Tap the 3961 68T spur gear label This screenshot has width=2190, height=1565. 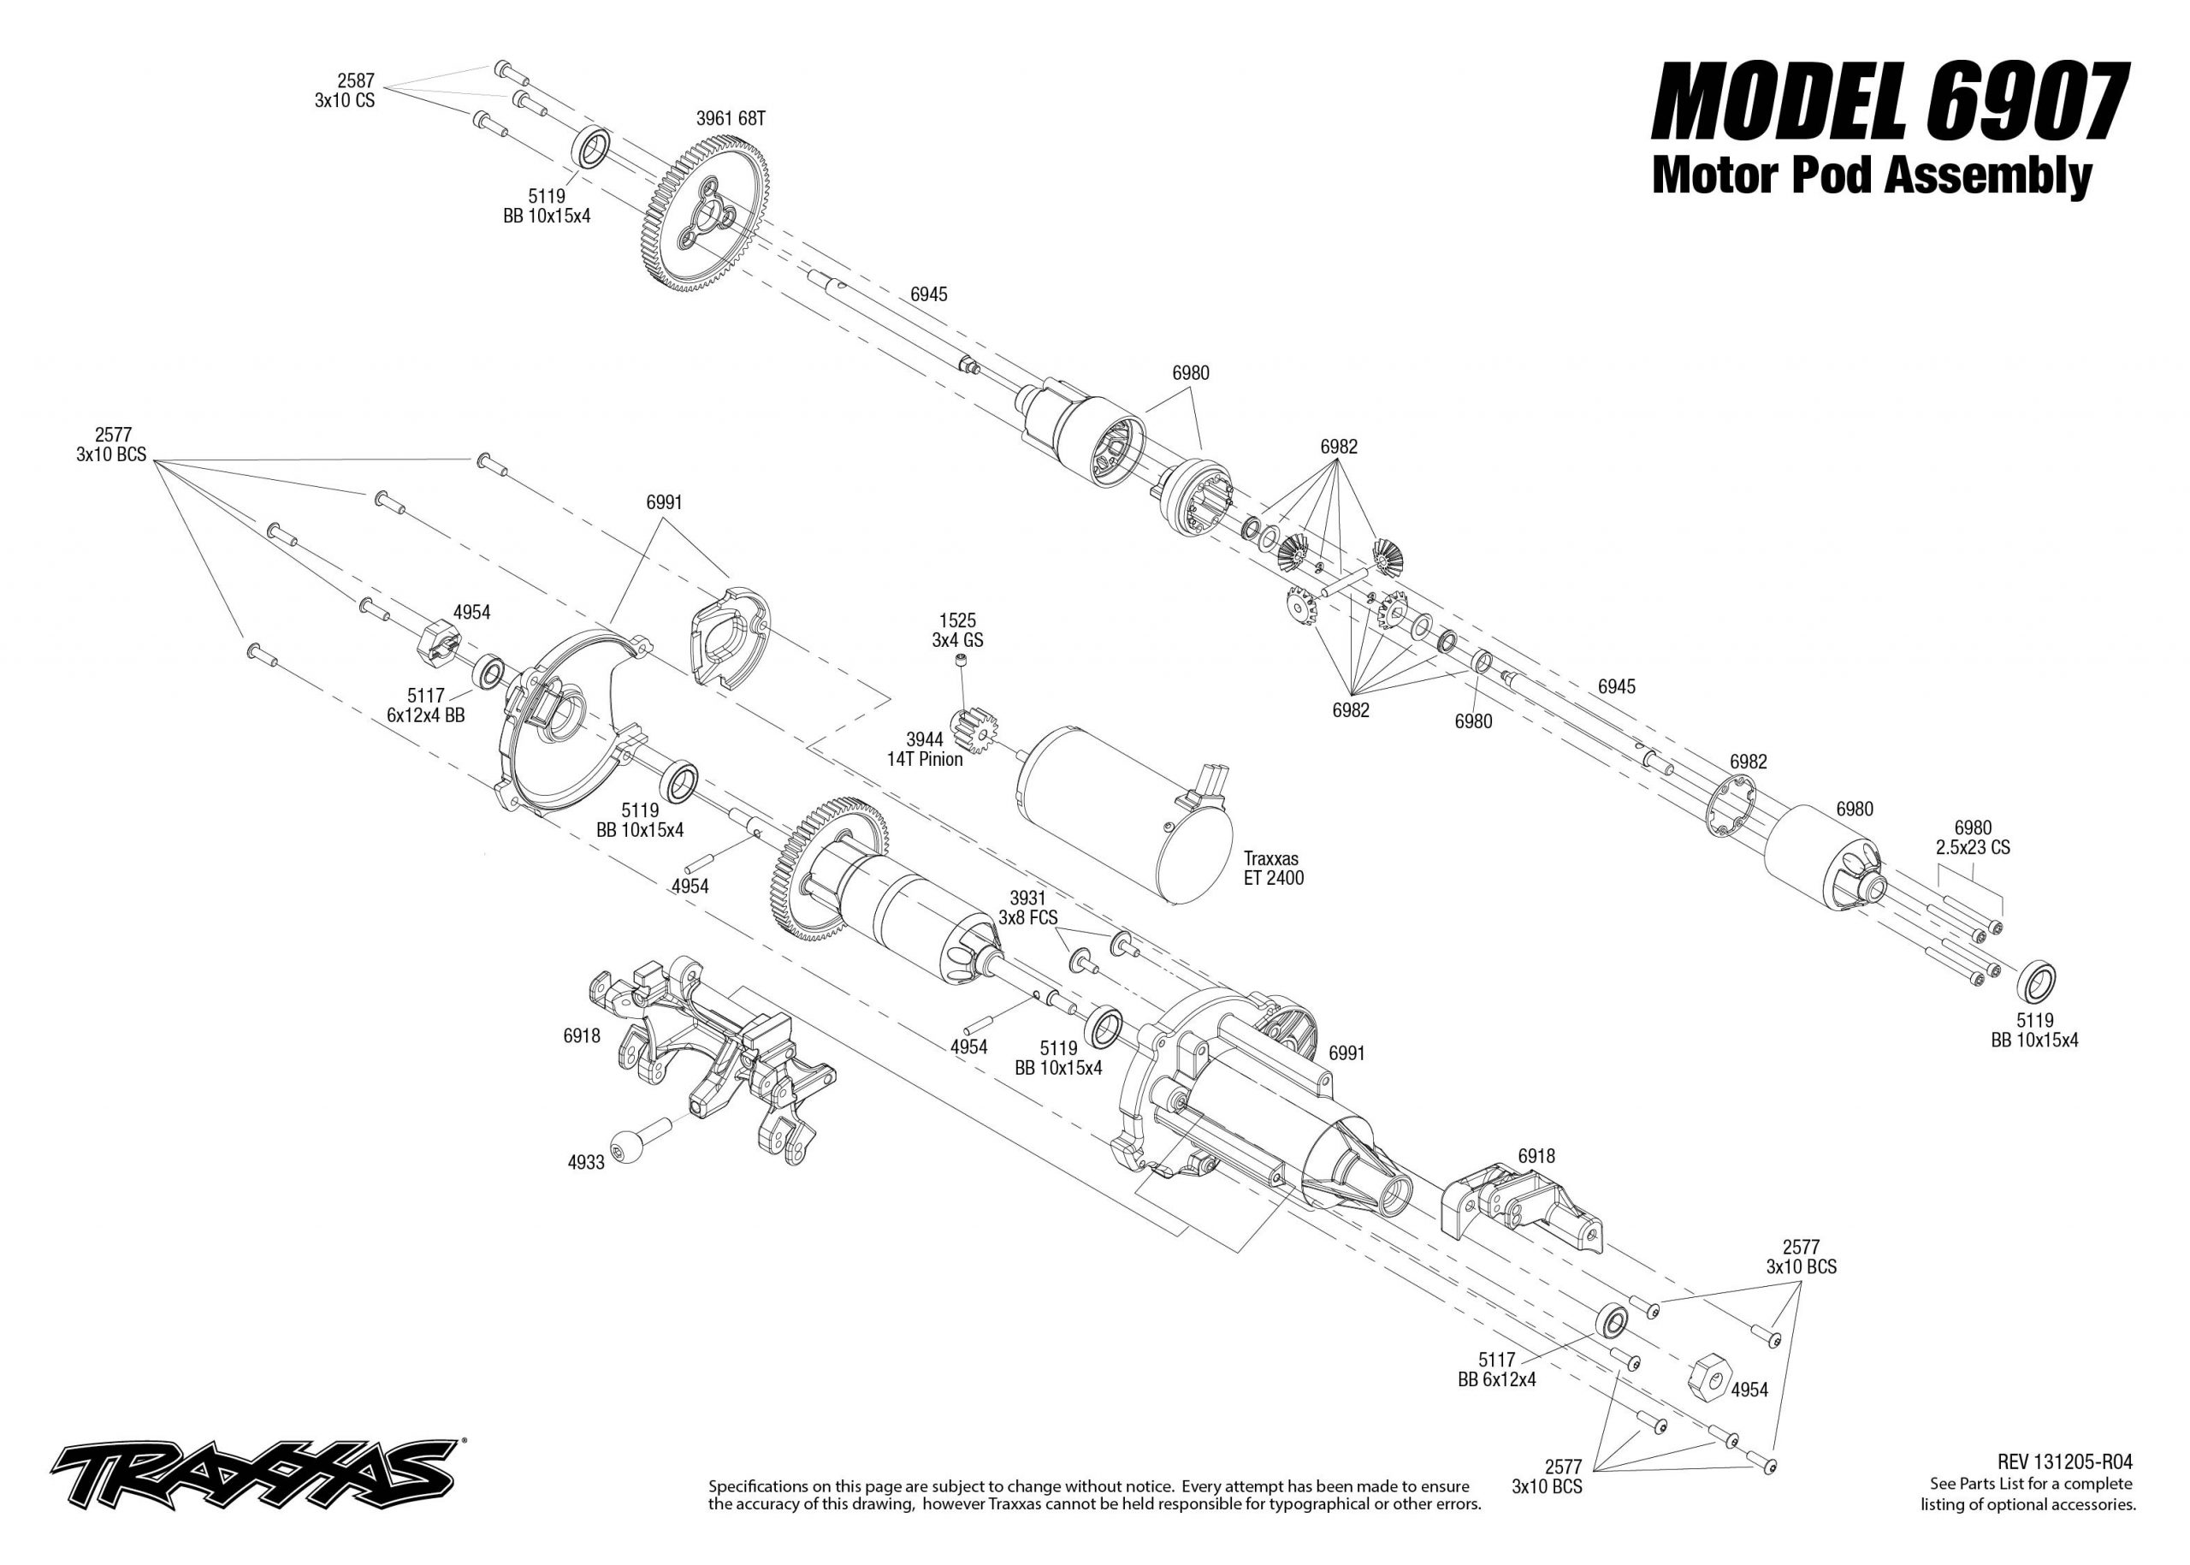coord(731,119)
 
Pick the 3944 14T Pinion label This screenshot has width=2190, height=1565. coord(924,749)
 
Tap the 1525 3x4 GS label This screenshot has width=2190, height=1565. coord(958,631)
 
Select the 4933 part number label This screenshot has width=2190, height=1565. coord(586,1162)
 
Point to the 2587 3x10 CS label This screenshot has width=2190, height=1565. coord(345,92)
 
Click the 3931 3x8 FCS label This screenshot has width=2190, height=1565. coord(1028,908)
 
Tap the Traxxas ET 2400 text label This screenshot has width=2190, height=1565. coord(1272,868)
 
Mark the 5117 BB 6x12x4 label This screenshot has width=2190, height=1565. coord(1497,1369)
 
